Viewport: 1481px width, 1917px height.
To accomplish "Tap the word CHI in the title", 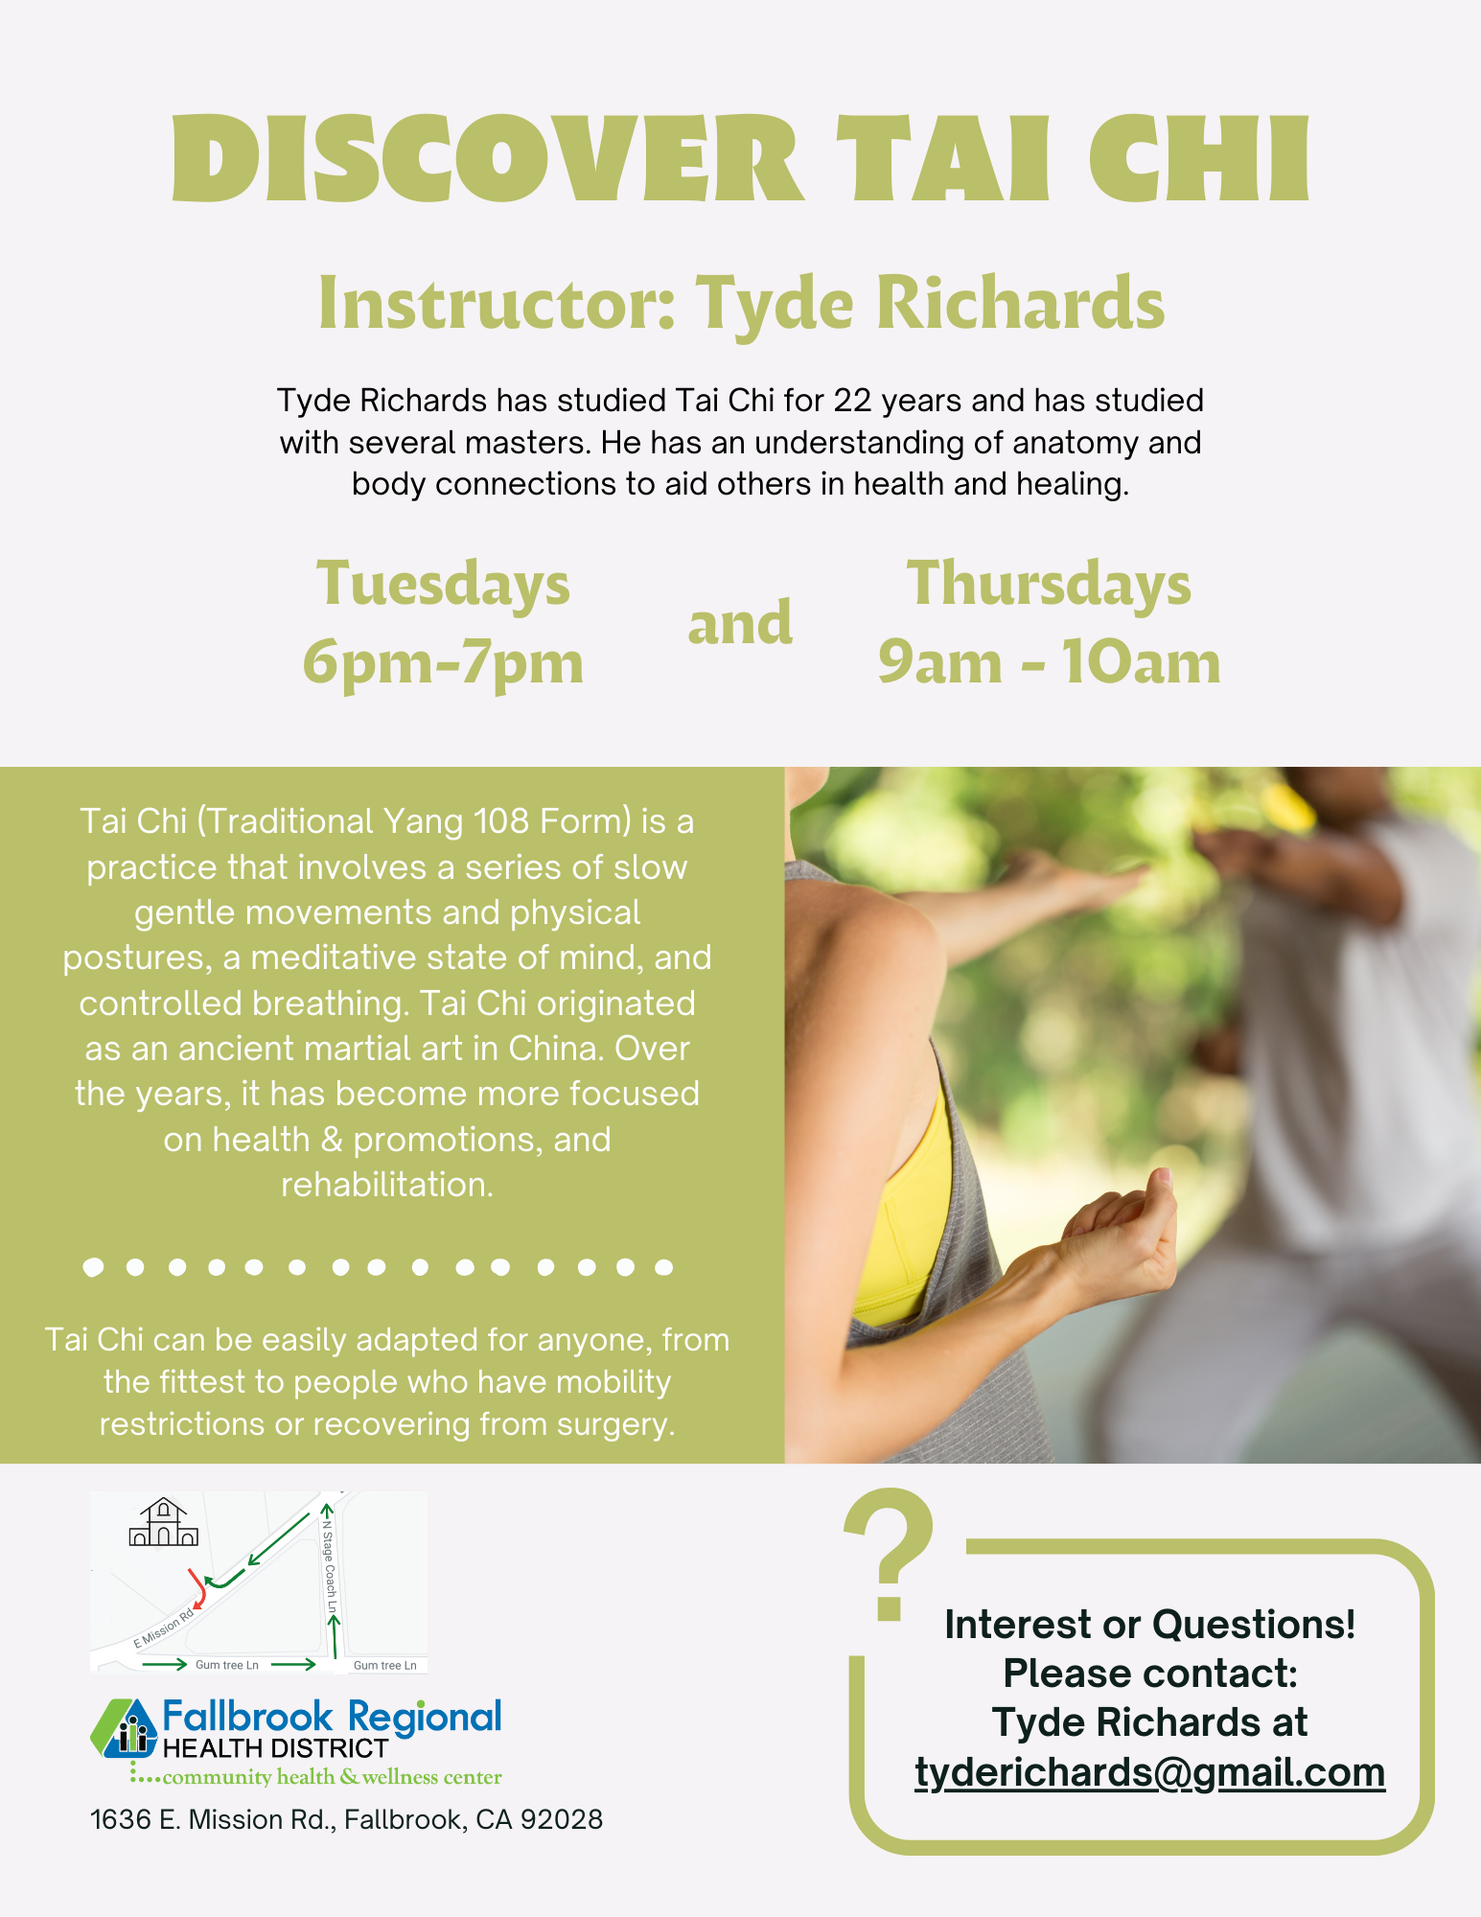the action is tap(1199, 158).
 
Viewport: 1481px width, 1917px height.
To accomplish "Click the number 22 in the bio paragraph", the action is tap(853, 400).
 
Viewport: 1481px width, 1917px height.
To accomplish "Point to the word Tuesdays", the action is tap(443, 584).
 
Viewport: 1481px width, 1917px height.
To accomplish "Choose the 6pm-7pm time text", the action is tap(443, 662).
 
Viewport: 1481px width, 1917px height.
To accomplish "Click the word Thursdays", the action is tap(1049, 584).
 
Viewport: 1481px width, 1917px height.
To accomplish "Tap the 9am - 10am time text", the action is tap(1049, 662).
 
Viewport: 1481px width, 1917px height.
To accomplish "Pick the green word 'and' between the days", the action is tap(740, 623).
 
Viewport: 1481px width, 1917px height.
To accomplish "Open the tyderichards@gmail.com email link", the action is tap(1150, 1772).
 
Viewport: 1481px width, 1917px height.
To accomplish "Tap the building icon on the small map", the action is tap(164, 1522).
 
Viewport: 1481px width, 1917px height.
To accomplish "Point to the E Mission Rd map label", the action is tap(164, 1628).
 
